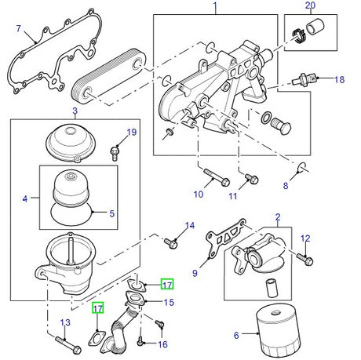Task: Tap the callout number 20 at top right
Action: [309, 7]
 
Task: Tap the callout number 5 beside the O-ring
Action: [111, 213]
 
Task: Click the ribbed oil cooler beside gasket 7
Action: [111, 75]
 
